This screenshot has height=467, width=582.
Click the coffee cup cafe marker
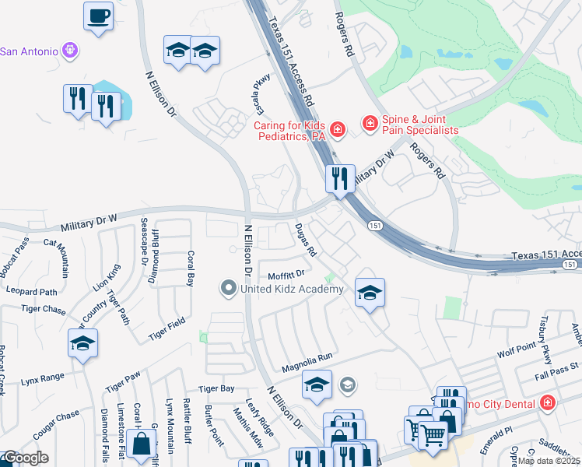(x=99, y=16)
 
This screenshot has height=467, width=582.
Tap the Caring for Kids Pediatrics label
(x=289, y=130)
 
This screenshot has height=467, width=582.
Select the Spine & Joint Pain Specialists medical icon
(x=369, y=123)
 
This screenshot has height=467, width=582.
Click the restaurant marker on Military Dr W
(x=340, y=179)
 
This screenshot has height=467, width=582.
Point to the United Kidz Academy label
(x=291, y=290)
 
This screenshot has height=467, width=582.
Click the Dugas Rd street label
(x=306, y=241)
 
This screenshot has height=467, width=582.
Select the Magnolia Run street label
(x=307, y=356)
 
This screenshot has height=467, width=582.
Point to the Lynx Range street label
(x=42, y=377)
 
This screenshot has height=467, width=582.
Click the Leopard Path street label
(x=32, y=293)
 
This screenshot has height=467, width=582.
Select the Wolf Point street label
(x=517, y=351)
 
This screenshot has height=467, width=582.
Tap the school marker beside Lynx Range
(x=83, y=343)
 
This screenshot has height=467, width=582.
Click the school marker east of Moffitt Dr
(x=370, y=293)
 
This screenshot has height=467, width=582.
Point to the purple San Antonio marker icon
(x=71, y=51)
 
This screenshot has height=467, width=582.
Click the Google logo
(x=26, y=458)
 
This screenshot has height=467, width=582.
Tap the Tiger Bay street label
(x=216, y=388)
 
